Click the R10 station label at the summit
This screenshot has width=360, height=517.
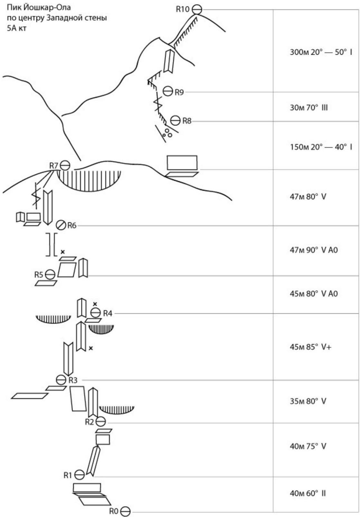(183, 9)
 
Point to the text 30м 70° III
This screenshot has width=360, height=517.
(308, 107)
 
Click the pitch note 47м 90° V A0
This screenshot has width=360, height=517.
(314, 250)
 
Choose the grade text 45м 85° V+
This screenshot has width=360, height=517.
(310, 347)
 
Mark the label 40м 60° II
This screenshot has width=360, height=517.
(308, 493)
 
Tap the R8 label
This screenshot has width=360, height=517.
(187, 121)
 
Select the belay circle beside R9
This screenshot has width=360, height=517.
(167, 91)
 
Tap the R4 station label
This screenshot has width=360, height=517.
(107, 313)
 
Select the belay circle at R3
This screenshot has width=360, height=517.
(61, 380)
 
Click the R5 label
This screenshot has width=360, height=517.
(39, 275)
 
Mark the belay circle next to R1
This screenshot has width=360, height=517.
(80, 475)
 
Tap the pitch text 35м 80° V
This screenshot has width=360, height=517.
(308, 401)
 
